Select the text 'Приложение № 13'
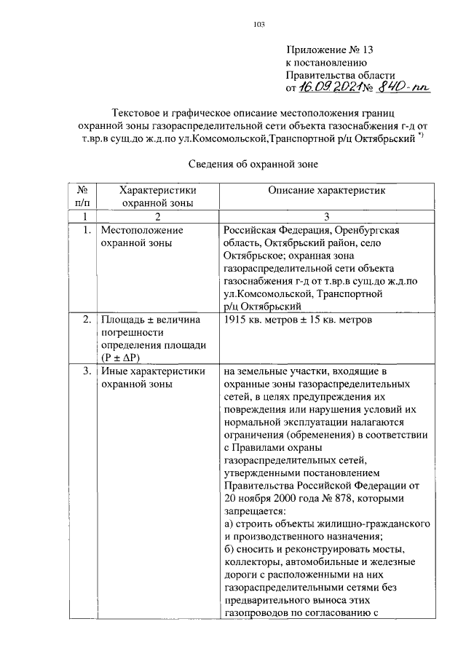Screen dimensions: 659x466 [x=330, y=51]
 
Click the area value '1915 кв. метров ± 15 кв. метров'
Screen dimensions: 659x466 [x=299, y=320]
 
